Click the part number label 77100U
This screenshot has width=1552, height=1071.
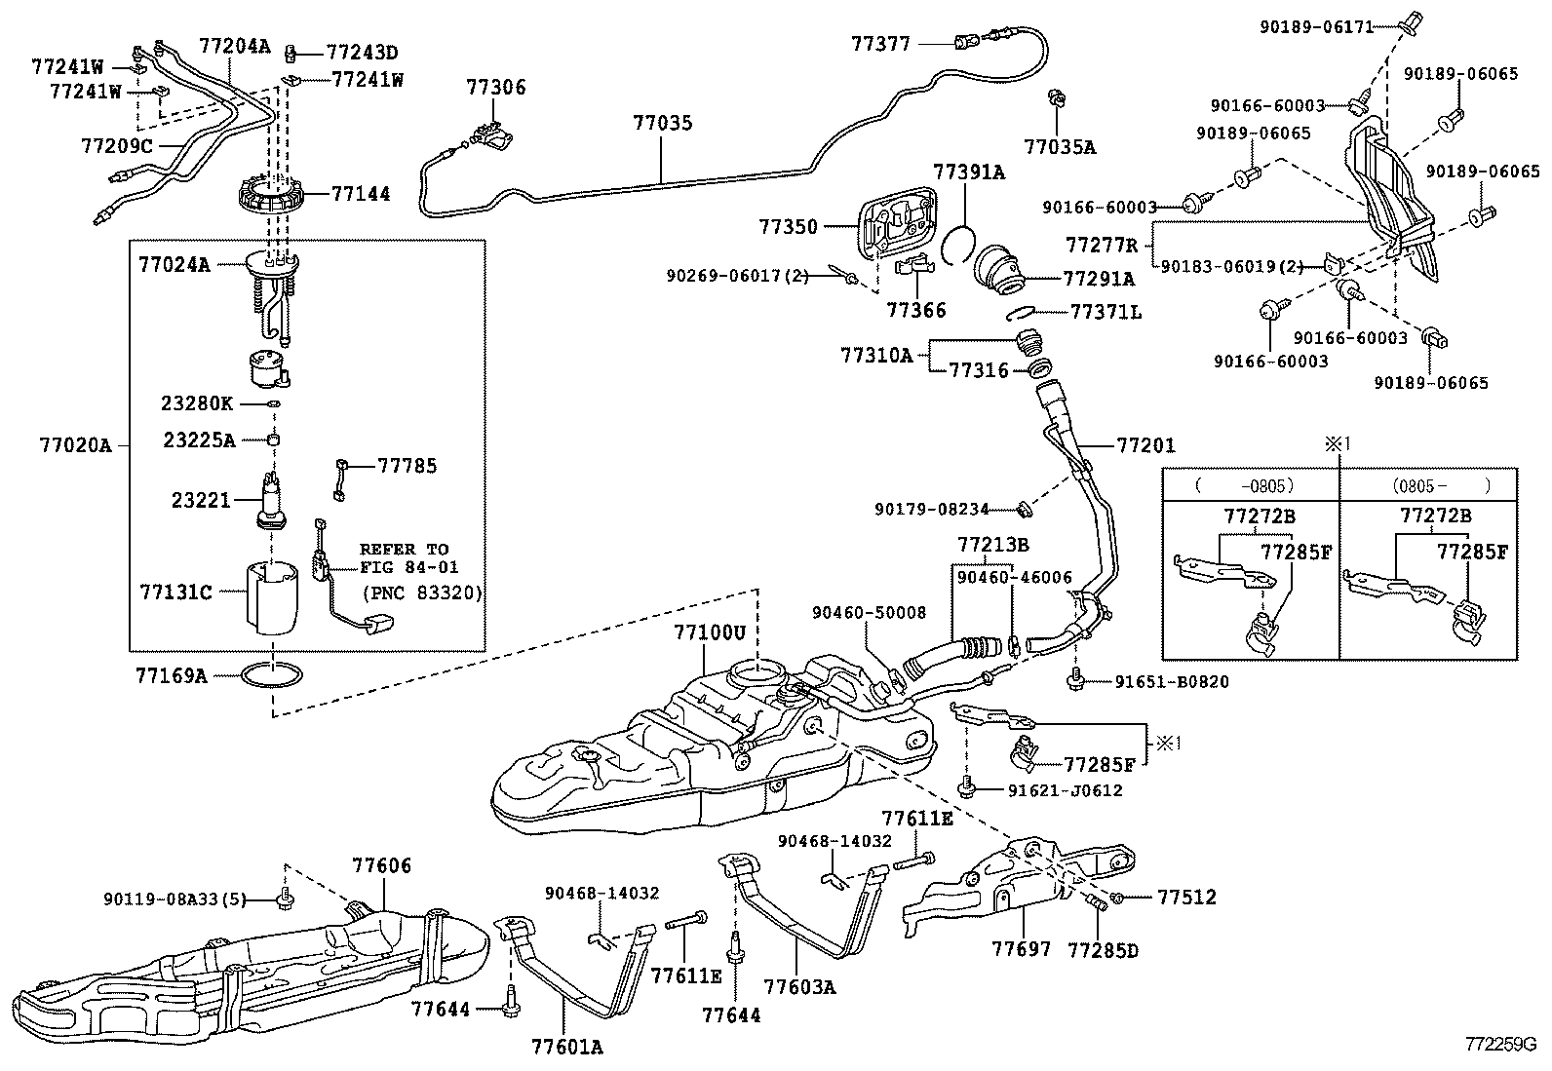(709, 632)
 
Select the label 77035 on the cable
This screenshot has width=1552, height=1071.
(662, 124)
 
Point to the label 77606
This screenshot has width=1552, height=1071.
(382, 865)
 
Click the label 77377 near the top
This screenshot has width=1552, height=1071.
(881, 43)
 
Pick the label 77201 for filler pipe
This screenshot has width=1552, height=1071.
(1145, 446)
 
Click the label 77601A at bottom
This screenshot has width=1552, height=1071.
(567, 1047)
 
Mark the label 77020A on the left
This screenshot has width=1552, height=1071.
(75, 446)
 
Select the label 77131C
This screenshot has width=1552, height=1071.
(175, 592)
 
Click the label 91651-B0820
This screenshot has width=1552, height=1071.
(1172, 682)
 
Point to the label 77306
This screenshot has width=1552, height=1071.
(495, 88)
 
